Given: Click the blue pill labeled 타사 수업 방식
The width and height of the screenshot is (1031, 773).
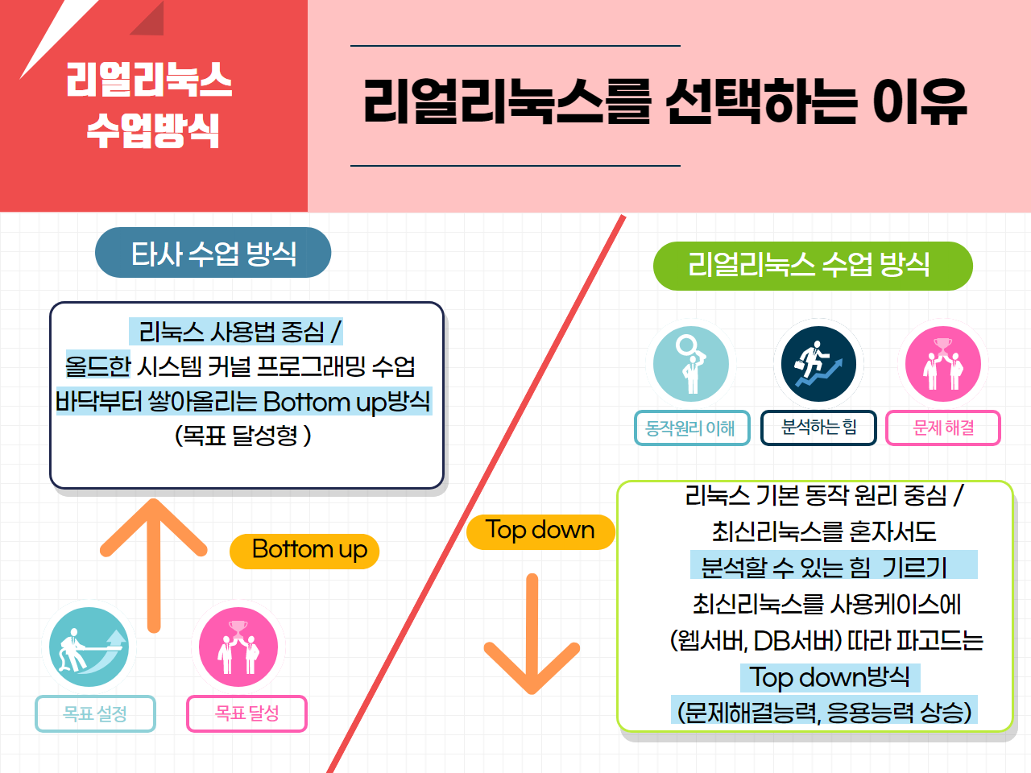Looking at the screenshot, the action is pyautogui.click(x=213, y=253).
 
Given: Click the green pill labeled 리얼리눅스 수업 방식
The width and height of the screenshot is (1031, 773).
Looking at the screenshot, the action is pyautogui.click(x=813, y=266).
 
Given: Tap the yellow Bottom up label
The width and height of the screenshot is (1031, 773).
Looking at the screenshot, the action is pyautogui.click(x=304, y=551).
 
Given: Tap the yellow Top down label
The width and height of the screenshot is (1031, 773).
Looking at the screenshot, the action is pyautogui.click(x=540, y=531).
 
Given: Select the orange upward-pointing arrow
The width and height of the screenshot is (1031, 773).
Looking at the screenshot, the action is pyautogui.click(x=154, y=565).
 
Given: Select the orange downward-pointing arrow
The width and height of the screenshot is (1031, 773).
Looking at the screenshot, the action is pyautogui.click(x=532, y=634).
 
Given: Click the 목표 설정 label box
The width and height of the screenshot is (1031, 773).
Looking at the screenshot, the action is pyautogui.click(x=95, y=713).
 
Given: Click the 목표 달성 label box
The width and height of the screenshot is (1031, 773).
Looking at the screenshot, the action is pyautogui.click(x=246, y=713).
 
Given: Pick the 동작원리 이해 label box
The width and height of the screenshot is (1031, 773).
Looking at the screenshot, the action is pyautogui.click(x=692, y=428).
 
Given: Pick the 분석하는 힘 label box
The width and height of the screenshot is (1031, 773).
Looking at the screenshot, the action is pyautogui.click(x=818, y=428).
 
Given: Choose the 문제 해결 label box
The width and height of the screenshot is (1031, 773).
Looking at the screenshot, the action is pyautogui.click(x=943, y=428).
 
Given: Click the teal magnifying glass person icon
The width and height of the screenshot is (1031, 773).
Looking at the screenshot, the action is pyautogui.click(x=691, y=364).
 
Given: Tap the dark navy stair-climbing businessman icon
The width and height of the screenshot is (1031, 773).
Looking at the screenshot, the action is pyautogui.click(x=818, y=364).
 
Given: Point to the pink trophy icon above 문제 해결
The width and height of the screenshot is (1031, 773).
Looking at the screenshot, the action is pyautogui.click(x=943, y=364).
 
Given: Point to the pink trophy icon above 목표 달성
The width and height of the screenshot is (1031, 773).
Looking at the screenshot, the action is pyautogui.click(x=238, y=647).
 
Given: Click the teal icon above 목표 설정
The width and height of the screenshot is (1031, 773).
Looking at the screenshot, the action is pyautogui.click(x=89, y=647).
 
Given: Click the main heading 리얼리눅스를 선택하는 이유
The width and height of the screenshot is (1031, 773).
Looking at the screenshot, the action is pyautogui.click(x=665, y=101).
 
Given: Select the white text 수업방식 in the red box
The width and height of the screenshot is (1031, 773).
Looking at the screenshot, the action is pyautogui.click(x=153, y=130).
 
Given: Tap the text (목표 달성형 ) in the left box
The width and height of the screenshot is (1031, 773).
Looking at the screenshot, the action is pyautogui.click(x=242, y=436).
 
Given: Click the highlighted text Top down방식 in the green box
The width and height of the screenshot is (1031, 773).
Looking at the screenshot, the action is pyautogui.click(x=830, y=677).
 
